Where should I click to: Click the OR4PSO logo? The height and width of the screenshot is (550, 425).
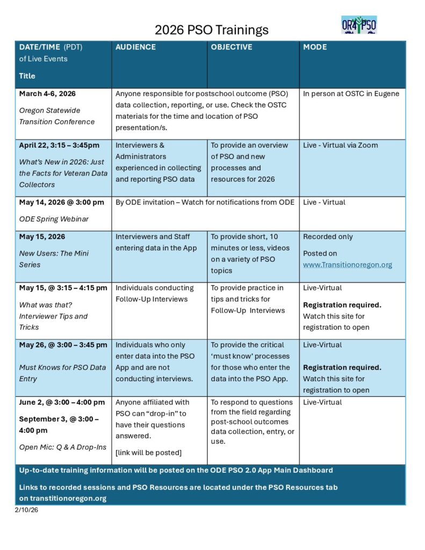click(x=358, y=25)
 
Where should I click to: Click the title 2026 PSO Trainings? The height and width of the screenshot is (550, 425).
click(x=212, y=30)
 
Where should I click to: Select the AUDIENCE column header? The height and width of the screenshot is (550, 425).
click(x=135, y=47)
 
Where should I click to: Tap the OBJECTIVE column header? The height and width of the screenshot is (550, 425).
click(x=231, y=47)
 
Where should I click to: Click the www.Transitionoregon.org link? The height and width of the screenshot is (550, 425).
click(x=347, y=265)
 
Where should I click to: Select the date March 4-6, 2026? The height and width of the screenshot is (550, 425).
click(x=47, y=94)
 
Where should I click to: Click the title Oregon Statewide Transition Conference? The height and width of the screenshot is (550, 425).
click(x=57, y=116)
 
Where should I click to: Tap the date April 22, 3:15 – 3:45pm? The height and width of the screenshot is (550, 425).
click(x=59, y=146)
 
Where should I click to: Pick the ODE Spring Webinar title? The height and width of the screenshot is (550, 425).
click(x=54, y=219)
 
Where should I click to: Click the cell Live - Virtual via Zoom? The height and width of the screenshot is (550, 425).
click(x=340, y=146)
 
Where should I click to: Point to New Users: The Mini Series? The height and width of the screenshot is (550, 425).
click(x=54, y=259)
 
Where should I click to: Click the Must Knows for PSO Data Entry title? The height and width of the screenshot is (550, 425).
click(x=62, y=373)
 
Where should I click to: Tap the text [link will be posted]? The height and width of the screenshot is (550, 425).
click(x=148, y=453)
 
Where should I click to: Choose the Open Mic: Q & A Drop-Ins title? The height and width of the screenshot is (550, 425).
click(x=63, y=447)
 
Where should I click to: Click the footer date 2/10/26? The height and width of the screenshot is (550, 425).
click(x=26, y=510)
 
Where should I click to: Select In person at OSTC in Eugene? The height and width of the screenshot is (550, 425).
click(x=351, y=94)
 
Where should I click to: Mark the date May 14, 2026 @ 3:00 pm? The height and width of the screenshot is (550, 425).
click(x=61, y=202)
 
